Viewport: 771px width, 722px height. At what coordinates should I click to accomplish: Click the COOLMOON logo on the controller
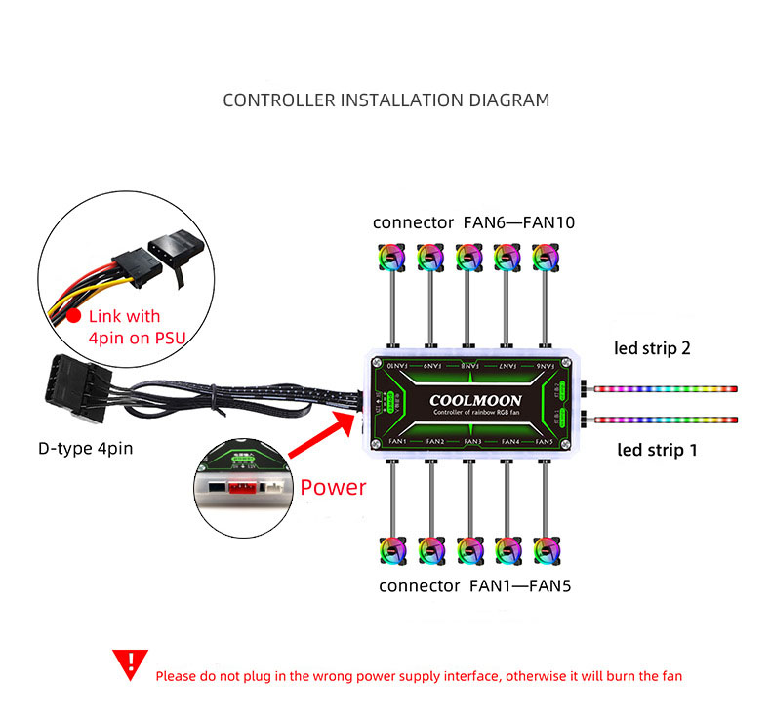click(475, 400)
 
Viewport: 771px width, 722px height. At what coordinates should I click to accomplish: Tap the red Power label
click(334, 487)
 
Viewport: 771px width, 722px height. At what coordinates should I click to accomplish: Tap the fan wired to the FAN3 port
click(469, 550)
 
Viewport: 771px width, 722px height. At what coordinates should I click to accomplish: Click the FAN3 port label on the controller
click(472, 442)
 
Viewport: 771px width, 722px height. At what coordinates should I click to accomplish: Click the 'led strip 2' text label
click(653, 348)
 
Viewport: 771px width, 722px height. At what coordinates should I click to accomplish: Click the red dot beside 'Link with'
click(72, 316)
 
